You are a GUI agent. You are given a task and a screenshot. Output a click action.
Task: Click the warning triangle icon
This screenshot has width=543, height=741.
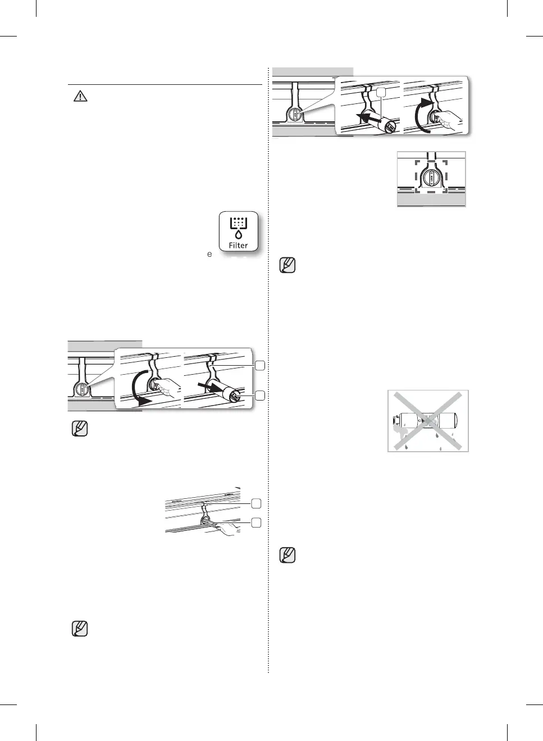[80, 96]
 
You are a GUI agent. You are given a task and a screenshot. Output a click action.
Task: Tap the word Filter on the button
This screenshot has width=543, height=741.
[238, 246]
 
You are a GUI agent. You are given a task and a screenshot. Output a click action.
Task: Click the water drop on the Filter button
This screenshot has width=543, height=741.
[238, 235]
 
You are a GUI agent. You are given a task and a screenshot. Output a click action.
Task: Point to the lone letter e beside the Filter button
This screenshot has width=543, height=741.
[209, 254]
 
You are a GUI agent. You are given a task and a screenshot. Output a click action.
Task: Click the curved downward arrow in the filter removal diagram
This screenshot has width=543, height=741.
[136, 388]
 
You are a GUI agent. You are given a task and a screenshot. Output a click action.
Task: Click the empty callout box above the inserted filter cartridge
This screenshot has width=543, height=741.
[381, 92]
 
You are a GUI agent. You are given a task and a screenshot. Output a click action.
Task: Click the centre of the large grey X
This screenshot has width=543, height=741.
[428, 421]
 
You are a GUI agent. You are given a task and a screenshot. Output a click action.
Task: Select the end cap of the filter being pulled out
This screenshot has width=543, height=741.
[235, 395]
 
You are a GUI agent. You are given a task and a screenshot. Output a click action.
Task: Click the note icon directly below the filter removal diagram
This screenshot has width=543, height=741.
[80, 429]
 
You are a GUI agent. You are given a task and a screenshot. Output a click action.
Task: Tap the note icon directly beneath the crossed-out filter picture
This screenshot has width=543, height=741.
[288, 555]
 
